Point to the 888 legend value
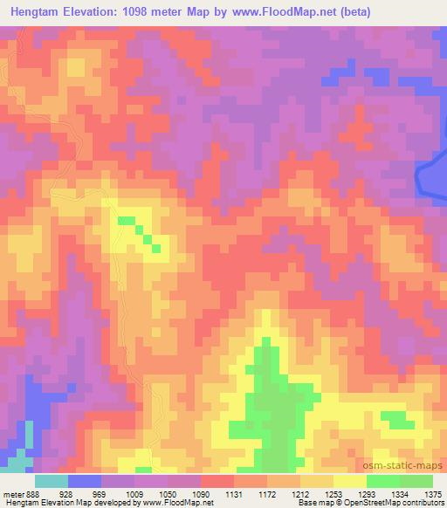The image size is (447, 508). (31, 494)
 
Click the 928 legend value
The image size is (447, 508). (65, 494)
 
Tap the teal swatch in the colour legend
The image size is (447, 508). (52, 481)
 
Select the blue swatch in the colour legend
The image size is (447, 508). (85, 481)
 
